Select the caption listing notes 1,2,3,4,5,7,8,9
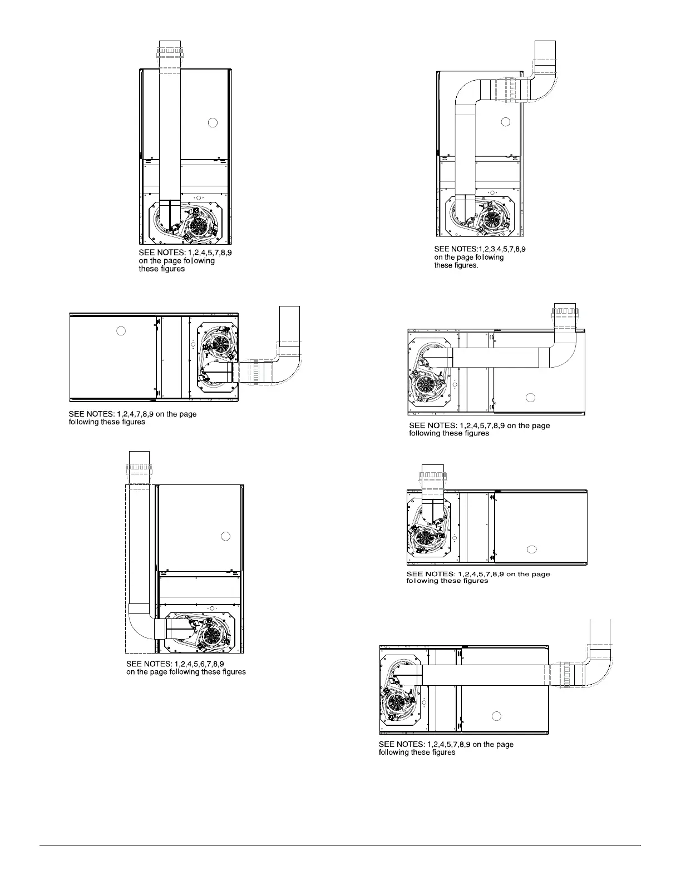pyautogui.click(x=480, y=257)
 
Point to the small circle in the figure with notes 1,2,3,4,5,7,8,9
pyautogui.click(x=505, y=122)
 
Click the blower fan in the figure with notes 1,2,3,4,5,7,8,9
pyautogui.click(x=492, y=220)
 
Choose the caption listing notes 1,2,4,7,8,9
pyautogui.click(x=132, y=418)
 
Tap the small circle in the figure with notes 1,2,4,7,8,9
pyautogui.click(x=121, y=331)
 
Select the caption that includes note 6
pyautogui.click(x=186, y=667)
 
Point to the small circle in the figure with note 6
pyautogui.click(x=225, y=536)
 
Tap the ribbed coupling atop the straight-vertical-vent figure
pyautogui.click(x=170, y=53)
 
